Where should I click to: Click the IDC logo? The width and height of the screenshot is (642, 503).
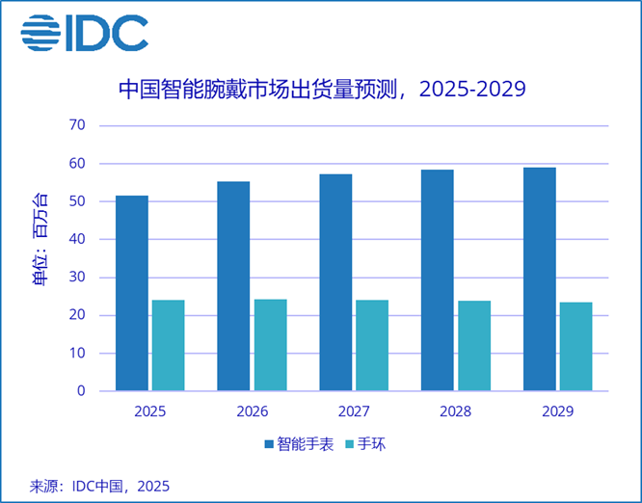(85, 33)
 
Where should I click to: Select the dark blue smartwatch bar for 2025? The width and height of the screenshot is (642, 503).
(132, 293)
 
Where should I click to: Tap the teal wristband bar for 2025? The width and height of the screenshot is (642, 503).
(168, 345)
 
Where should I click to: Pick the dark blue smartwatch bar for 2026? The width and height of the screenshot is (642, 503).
(233, 286)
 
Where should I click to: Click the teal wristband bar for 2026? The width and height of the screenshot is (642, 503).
(270, 345)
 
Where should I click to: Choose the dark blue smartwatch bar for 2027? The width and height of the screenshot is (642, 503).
(335, 282)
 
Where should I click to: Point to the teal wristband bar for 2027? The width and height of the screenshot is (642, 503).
(372, 345)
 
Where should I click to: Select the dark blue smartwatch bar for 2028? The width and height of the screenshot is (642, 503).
(438, 280)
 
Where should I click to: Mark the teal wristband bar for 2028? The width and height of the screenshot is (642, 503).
(474, 346)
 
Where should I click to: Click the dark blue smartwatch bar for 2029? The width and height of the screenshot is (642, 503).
(540, 279)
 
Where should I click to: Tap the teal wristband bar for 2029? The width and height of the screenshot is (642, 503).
(576, 347)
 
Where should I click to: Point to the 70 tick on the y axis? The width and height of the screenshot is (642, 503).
(77, 125)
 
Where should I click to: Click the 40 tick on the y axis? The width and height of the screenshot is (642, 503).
(77, 239)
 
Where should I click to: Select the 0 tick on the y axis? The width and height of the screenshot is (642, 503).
(81, 391)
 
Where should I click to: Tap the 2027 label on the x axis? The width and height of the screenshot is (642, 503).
(354, 410)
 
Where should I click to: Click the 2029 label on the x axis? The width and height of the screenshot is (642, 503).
(558, 410)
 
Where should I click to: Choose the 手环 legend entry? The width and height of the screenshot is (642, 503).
(365, 445)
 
